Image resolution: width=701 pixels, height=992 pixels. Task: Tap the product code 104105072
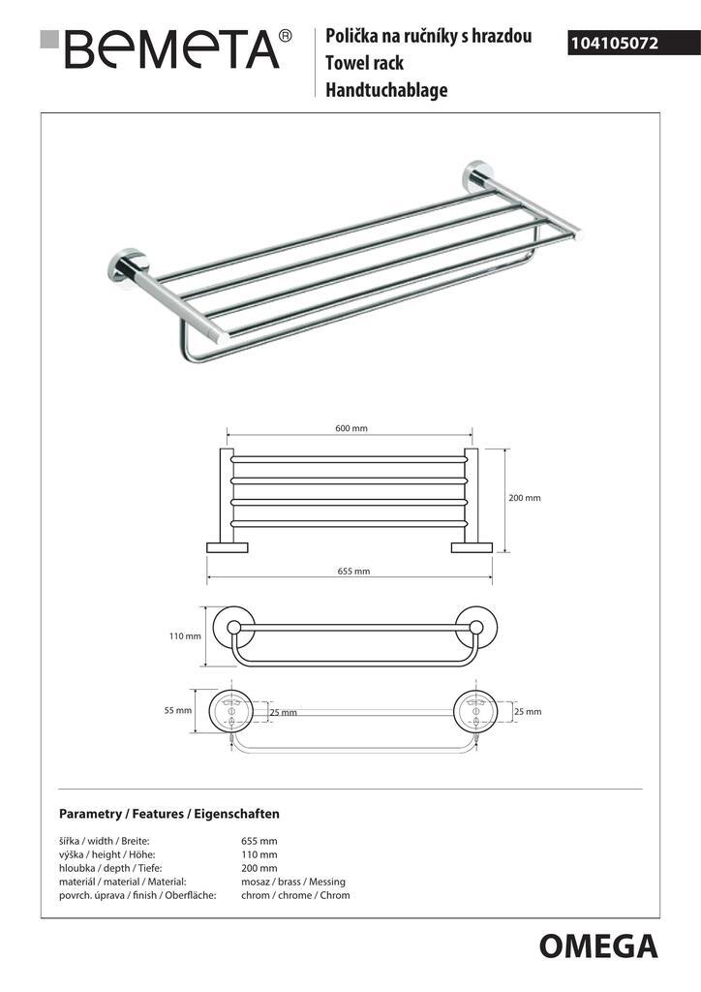[614, 43]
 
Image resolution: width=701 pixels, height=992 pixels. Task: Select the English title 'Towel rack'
[364, 64]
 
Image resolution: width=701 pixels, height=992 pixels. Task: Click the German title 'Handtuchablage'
[386, 91]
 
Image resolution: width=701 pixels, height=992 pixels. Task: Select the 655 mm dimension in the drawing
[353, 572]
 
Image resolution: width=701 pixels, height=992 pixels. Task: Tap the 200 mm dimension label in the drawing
[524, 498]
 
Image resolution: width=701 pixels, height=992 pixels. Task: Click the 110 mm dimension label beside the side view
[185, 636]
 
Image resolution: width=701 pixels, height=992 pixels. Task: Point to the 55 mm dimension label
[179, 711]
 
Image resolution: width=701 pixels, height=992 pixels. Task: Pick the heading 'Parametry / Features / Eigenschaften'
[169, 814]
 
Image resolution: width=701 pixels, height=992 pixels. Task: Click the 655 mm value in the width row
[259, 841]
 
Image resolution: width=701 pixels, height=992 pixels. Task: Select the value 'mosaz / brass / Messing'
[292, 882]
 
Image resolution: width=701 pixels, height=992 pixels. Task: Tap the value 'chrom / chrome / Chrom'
[295, 895]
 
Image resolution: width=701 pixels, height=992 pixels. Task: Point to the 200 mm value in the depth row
[259, 868]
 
